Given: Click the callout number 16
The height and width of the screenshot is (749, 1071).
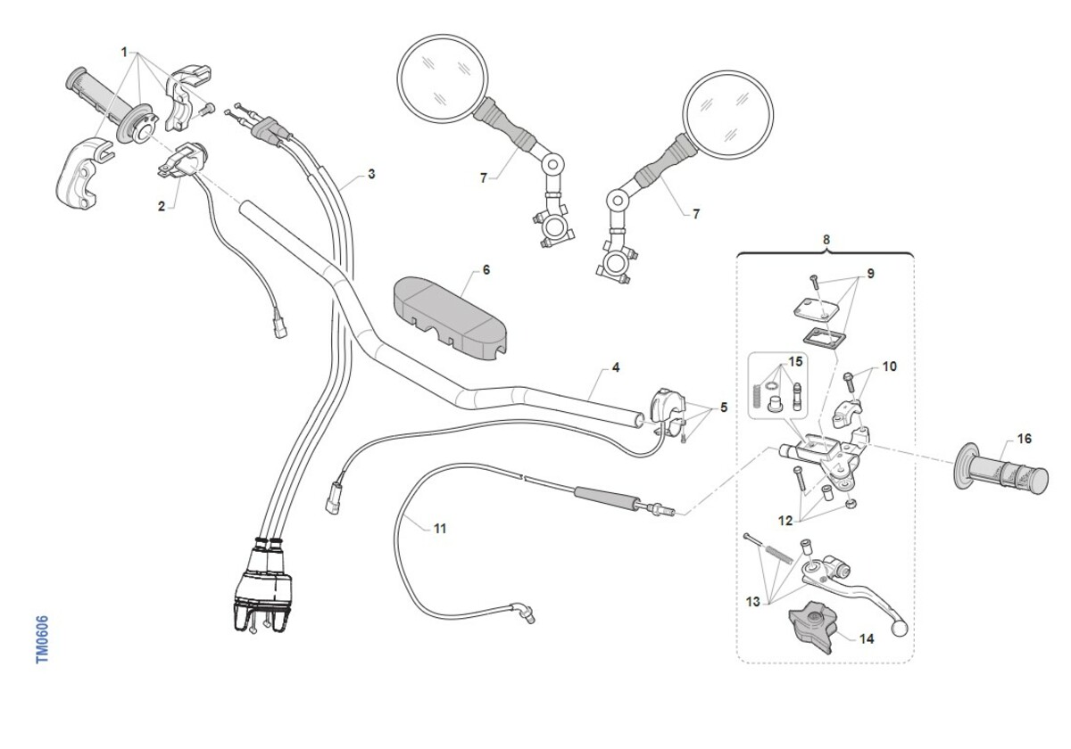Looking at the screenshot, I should point(1024,439).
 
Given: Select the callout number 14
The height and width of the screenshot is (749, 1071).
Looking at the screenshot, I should point(867,638).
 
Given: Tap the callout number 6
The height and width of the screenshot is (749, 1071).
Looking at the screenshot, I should point(486,269).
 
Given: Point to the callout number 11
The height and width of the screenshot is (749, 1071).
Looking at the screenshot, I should point(439,528).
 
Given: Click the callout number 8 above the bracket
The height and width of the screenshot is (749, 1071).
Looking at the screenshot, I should point(826,240).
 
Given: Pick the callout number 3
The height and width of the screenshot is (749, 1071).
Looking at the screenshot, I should point(371,174).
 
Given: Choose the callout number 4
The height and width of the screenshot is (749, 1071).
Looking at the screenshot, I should point(616,366).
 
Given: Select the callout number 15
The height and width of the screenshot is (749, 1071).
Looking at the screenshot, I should point(795,363).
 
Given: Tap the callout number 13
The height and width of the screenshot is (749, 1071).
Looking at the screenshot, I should point(752,602).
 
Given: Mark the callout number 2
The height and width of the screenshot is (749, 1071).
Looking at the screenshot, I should point(162,207).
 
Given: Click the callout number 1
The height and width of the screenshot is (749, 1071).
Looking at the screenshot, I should point(125,52).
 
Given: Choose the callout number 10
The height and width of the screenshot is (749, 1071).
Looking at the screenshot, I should point(890,366).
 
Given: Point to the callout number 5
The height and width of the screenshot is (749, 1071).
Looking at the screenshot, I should point(724,408).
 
